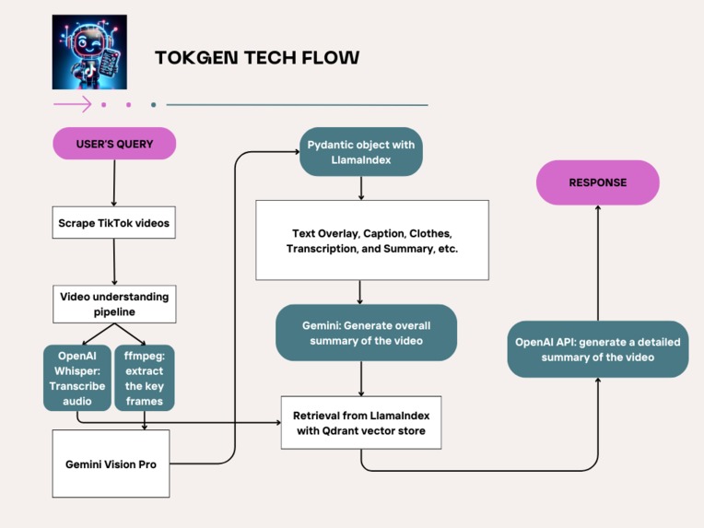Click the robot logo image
coord(89,52)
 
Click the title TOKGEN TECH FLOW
coord(257,58)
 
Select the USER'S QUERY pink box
coord(114,144)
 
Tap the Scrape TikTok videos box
coord(114,223)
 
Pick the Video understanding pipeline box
coord(114,304)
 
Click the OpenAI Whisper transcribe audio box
coord(77,377)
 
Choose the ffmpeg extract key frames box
coord(145,377)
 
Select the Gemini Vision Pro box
coord(111,463)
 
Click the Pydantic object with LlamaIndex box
coord(360,152)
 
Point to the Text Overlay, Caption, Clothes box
coord(371,241)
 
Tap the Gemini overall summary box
coord(366,333)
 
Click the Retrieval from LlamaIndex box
coord(360,422)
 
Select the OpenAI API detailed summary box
coord(597,349)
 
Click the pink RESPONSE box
coord(597,182)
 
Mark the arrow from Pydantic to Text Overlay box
coord(360,188)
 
